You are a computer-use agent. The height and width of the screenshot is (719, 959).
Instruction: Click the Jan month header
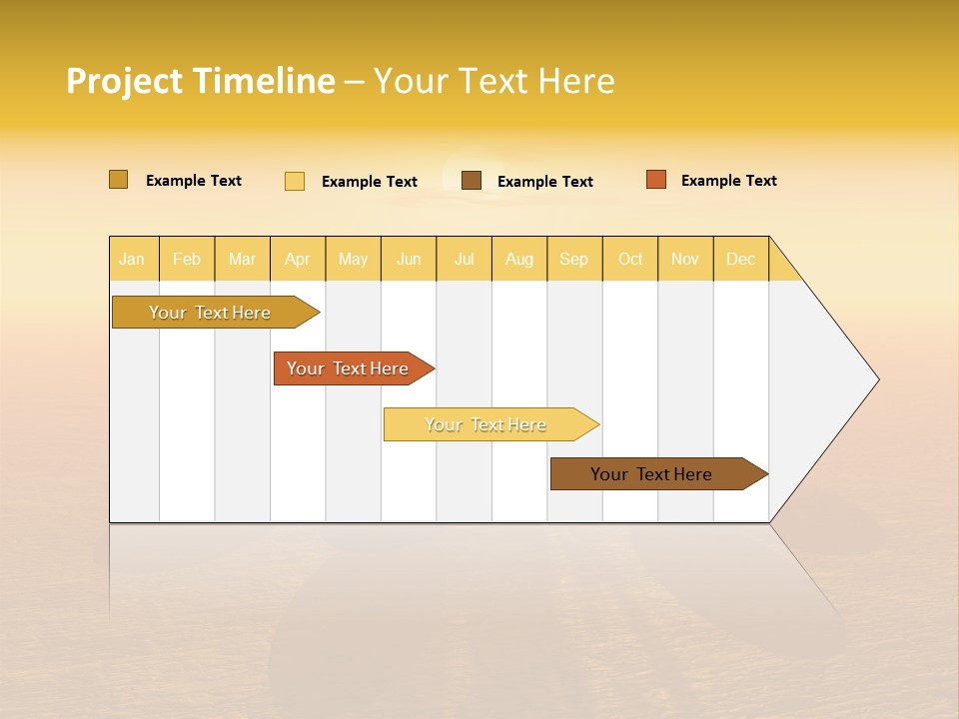(133, 259)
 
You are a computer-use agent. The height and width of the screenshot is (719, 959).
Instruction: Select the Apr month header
(298, 259)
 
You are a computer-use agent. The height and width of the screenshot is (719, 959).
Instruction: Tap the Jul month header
(464, 259)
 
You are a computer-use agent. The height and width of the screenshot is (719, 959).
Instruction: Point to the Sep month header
(574, 259)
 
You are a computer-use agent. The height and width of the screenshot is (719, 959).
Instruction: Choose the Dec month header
(740, 259)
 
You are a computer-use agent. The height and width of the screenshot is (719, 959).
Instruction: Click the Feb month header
(187, 259)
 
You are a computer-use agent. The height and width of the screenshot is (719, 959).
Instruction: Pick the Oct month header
(630, 259)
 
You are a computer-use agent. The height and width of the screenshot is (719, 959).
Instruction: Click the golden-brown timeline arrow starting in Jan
(210, 313)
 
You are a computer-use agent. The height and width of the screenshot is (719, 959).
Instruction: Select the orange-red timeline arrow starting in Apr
(348, 368)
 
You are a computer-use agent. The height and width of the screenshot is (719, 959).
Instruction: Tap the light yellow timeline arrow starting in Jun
(485, 424)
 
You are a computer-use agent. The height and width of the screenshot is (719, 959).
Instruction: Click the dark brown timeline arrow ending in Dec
(651, 474)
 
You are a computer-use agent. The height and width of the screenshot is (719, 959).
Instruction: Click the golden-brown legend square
(119, 180)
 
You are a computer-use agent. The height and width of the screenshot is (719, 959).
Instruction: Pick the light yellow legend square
(295, 181)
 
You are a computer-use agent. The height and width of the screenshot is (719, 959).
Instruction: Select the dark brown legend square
(472, 181)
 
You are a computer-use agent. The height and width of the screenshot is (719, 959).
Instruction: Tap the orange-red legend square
(656, 180)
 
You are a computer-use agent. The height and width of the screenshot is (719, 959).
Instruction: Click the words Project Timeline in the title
(200, 81)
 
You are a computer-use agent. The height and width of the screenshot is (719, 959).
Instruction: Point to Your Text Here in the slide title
(494, 81)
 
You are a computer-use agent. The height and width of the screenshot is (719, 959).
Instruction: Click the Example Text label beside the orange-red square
(728, 181)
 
